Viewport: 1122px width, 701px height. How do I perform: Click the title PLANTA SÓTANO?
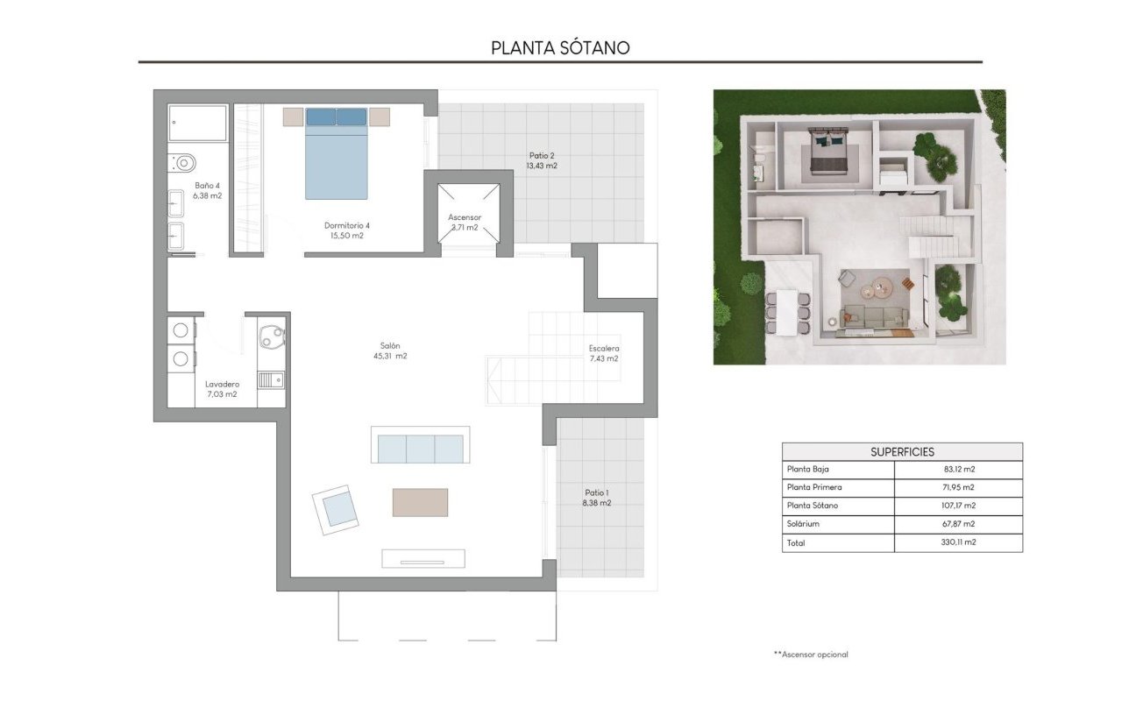560,47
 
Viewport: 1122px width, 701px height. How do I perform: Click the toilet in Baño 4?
183,163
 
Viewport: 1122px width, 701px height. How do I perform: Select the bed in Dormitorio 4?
337,153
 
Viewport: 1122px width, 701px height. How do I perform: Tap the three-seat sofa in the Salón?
420,447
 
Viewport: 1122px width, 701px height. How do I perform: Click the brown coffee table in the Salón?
420,502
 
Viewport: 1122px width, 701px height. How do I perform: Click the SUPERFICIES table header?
902,452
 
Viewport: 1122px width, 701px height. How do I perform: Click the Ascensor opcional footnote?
811,655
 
